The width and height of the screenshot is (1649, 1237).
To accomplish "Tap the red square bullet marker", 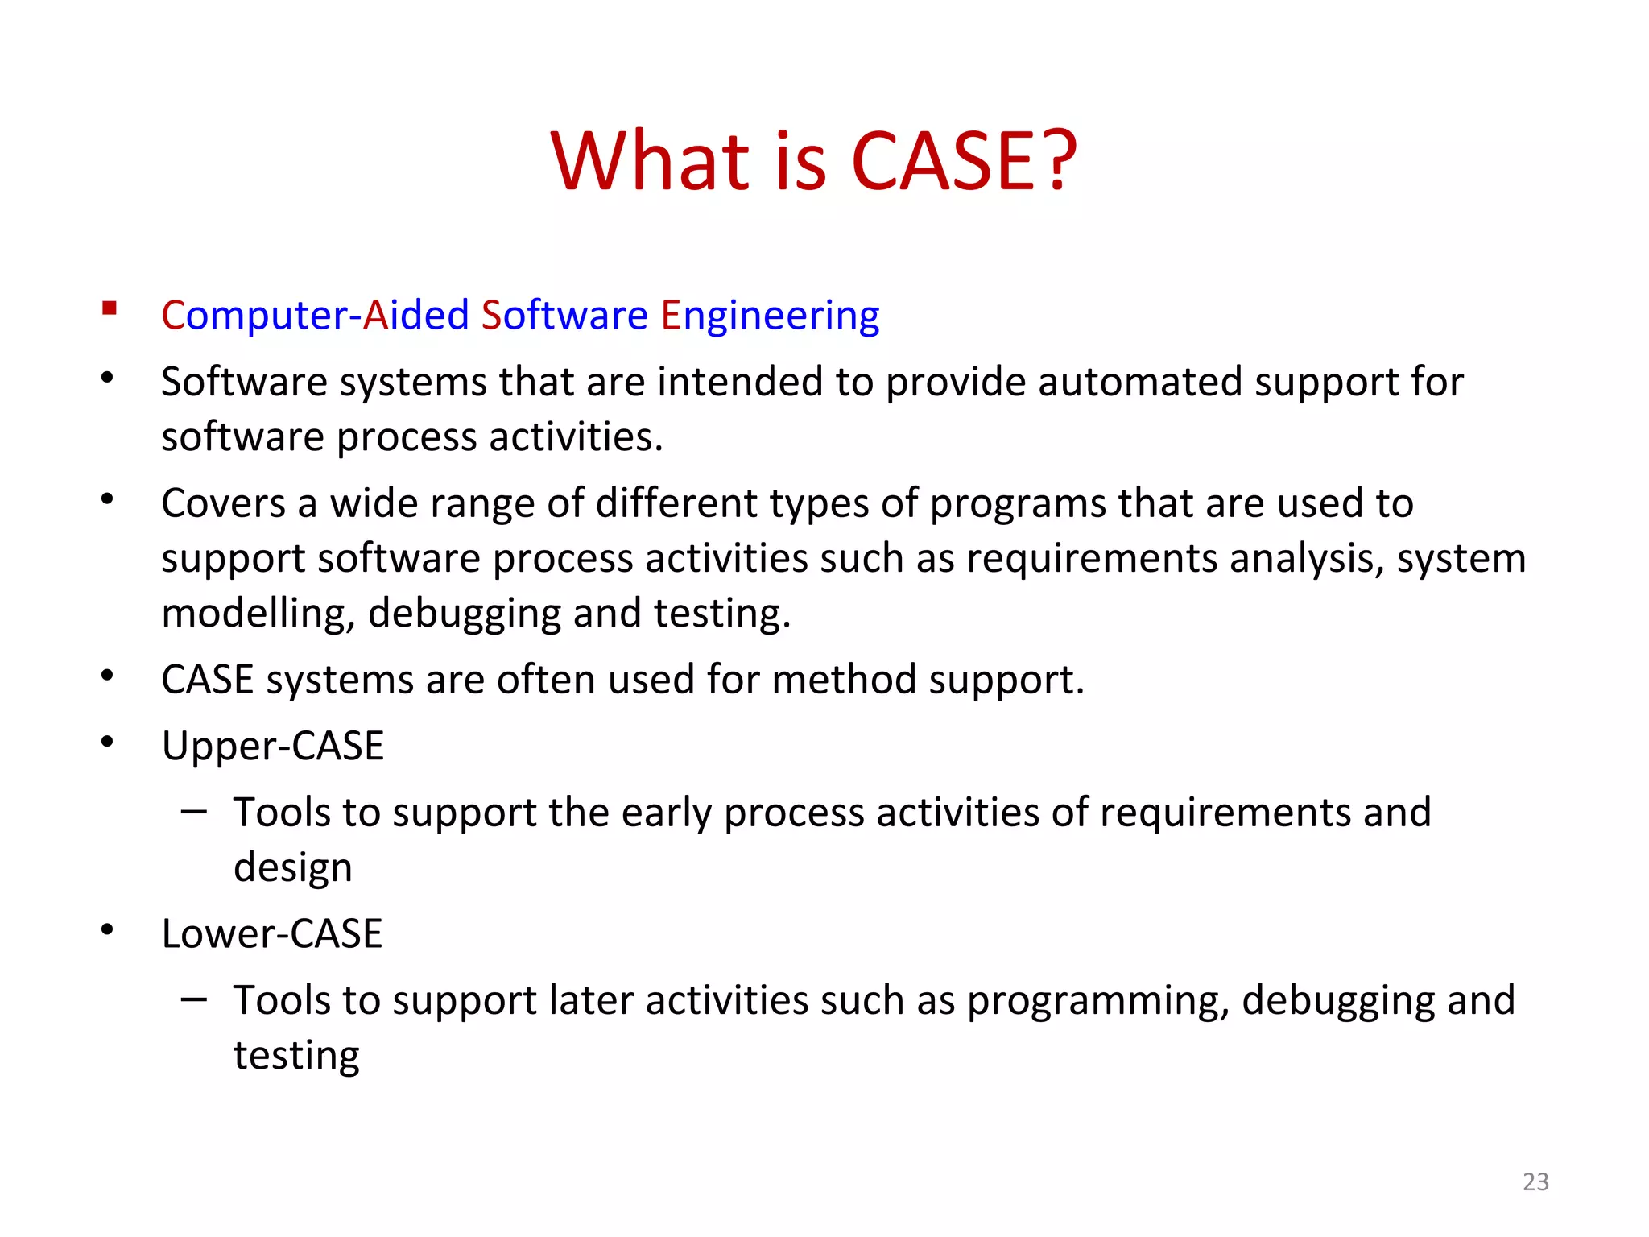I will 110,308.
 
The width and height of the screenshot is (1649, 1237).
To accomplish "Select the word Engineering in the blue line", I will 770,316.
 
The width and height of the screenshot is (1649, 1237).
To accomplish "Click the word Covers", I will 223,503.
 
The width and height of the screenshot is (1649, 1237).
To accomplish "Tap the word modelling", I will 258,614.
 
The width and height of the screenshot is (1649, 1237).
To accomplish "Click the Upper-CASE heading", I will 272,746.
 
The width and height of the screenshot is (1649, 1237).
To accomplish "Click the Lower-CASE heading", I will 271,934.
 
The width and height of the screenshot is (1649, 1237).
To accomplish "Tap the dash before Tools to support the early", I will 194,812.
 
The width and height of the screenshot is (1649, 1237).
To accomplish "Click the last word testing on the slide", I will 296,1056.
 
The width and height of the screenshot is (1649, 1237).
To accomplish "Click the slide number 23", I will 1535,1181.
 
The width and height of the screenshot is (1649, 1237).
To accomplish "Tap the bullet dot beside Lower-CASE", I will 107,931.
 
